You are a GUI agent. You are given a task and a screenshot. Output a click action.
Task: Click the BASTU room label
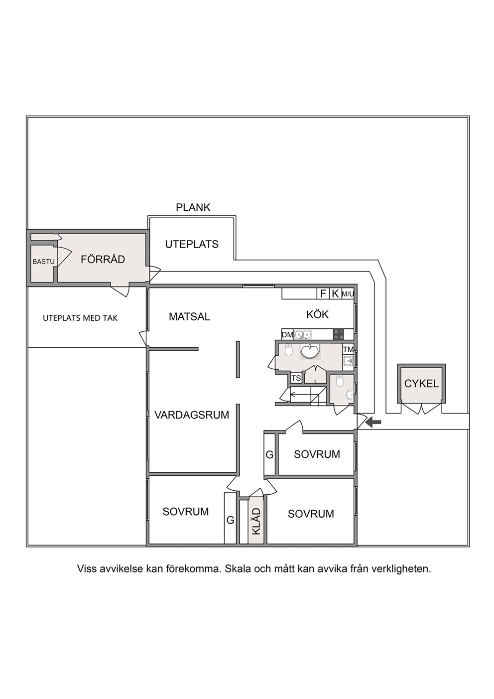coord(43,262)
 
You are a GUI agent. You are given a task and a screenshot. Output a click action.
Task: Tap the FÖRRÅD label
coord(103,259)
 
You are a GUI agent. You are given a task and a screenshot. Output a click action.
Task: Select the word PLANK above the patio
coord(193,208)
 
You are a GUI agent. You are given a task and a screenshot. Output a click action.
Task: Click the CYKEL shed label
coord(421,384)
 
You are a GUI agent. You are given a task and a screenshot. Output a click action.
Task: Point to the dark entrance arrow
coord(373,422)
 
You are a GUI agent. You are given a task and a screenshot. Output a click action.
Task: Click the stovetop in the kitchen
coord(338,334)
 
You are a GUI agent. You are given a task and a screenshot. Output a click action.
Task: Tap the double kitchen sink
coord(302,334)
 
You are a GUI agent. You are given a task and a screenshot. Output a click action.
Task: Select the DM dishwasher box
coord(287,335)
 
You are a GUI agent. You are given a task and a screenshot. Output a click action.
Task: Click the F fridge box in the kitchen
coord(323,293)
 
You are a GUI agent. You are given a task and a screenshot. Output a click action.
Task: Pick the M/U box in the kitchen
coord(348,293)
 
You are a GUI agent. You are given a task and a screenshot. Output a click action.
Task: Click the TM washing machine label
coord(348,349)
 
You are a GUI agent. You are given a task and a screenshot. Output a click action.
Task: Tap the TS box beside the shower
coord(296,378)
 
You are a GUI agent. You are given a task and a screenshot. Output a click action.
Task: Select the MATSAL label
coord(189,317)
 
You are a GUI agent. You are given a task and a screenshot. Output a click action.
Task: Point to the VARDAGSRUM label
coord(192,415)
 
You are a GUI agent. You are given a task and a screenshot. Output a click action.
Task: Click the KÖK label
coord(318,314)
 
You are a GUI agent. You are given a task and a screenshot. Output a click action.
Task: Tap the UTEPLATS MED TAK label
coord(80,318)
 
